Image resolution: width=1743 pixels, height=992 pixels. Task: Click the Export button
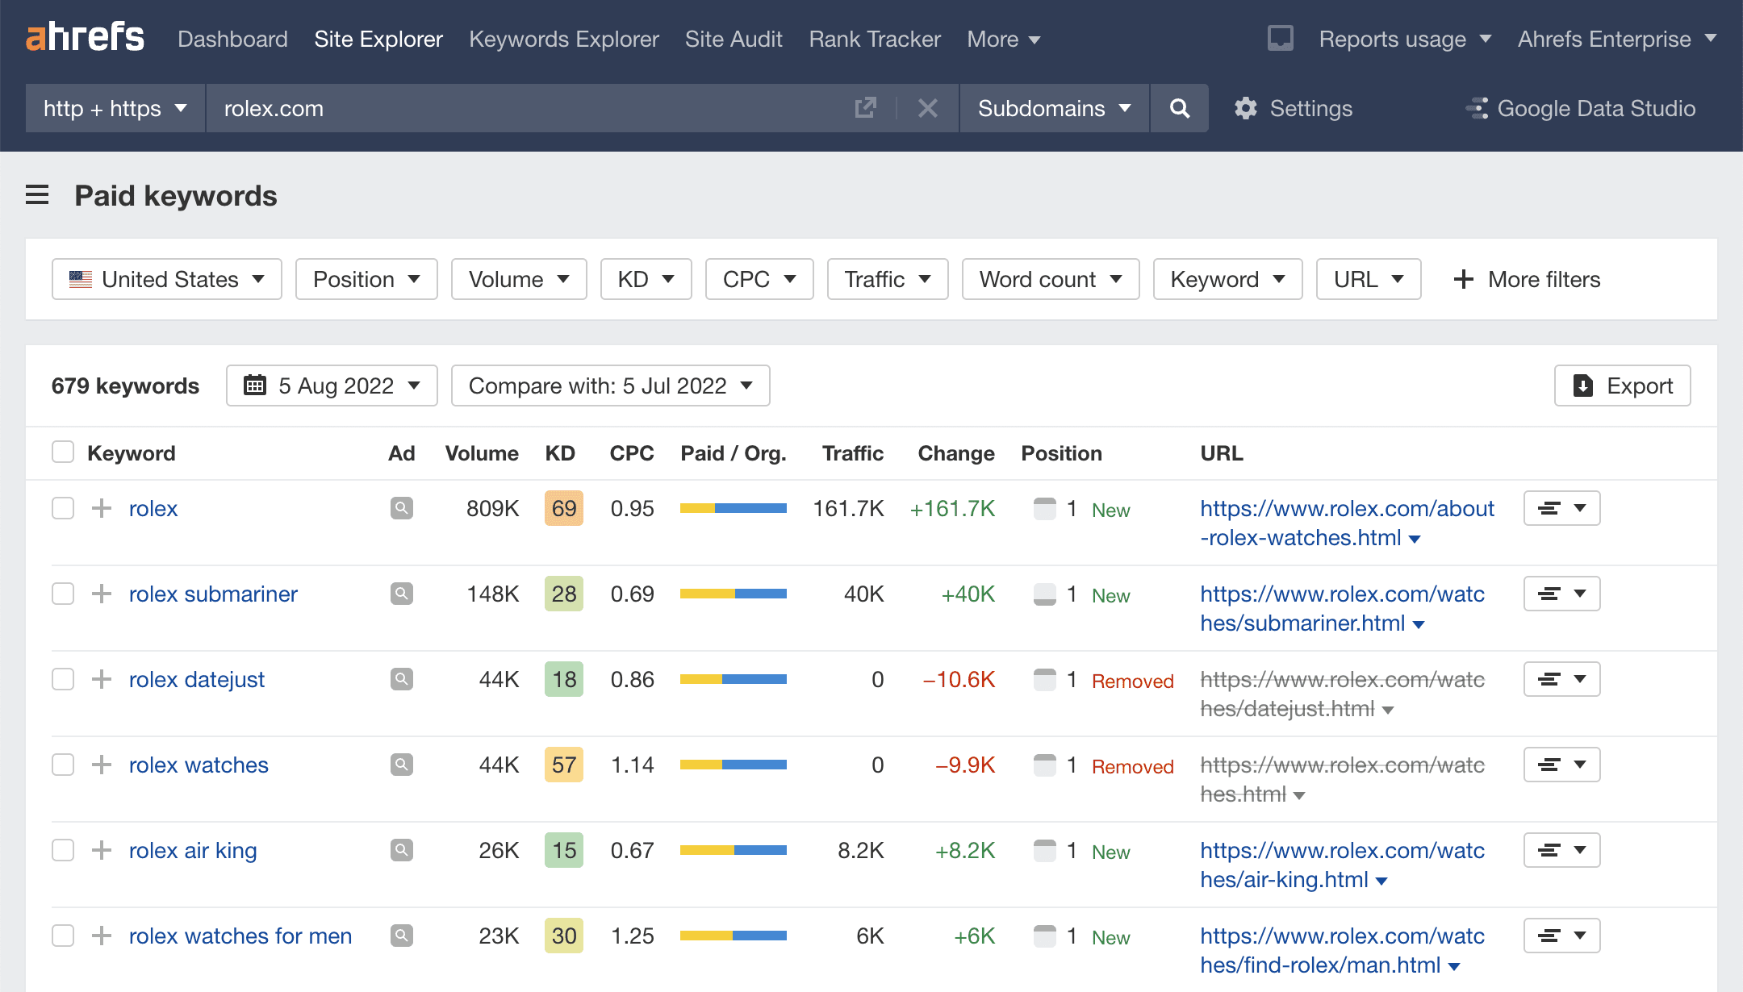pos(1622,386)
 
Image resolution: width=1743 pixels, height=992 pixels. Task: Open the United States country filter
pos(167,279)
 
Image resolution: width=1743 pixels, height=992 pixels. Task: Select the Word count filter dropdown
pos(1050,279)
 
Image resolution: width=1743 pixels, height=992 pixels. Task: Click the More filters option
pos(1527,279)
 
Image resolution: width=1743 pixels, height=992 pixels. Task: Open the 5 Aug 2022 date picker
pos(332,386)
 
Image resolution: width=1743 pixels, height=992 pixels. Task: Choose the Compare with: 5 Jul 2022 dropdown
pos(610,386)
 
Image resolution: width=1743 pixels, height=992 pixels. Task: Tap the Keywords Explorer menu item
pos(563,39)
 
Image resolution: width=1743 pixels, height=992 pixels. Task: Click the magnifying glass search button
pos(1179,108)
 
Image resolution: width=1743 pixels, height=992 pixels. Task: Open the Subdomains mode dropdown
pos(1054,108)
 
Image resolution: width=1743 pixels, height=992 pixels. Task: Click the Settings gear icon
pos(1246,108)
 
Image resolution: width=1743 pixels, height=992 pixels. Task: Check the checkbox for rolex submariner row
pos(63,594)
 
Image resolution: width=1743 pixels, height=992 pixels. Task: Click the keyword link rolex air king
pos(193,850)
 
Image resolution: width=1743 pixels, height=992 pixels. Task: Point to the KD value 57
pos(563,765)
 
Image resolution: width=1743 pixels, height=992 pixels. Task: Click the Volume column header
pos(482,453)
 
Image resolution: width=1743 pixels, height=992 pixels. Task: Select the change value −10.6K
pos(959,679)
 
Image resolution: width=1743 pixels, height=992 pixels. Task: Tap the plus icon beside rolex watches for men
pos(102,936)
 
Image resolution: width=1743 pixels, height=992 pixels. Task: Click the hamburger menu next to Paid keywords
pos(37,195)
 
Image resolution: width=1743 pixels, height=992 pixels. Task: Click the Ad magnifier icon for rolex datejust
pos(401,679)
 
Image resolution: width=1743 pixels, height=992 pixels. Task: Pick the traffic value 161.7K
pos(848,508)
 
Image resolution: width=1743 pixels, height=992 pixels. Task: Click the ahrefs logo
pos(85,37)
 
